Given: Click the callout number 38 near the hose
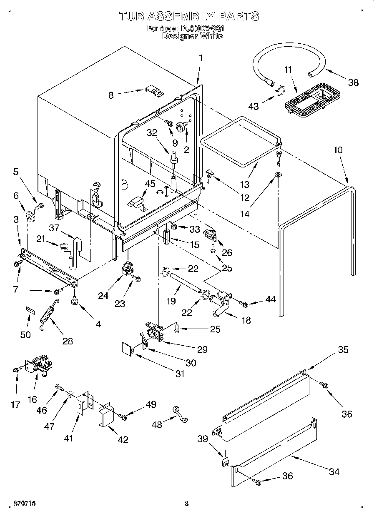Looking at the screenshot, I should (353, 82).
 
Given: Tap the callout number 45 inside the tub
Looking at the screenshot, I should (150, 184).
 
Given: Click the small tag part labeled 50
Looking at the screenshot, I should (30, 309).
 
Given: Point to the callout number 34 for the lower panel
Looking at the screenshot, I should (334, 471).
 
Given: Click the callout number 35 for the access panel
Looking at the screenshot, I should (343, 350).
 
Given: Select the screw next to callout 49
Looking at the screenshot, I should (123, 416).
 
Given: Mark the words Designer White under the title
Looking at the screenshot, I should (192, 36).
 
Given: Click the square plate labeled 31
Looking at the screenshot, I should (127, 348).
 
